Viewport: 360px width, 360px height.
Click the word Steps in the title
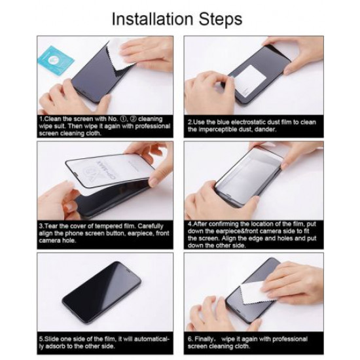point(220,18)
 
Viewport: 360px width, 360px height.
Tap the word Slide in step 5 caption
point(51,338)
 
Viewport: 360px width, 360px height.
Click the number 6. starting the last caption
point(190,338)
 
